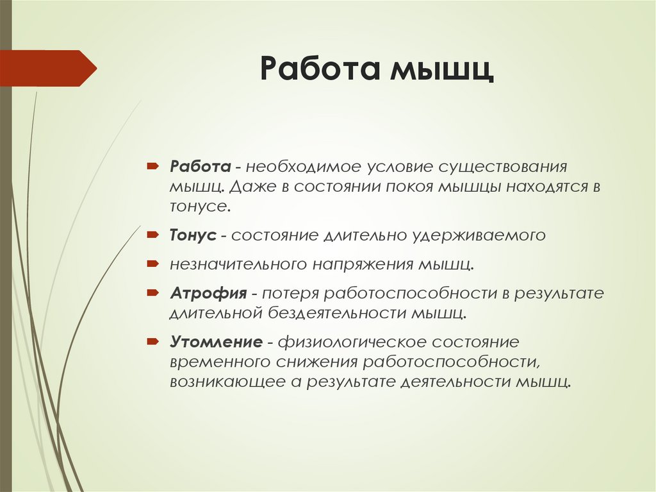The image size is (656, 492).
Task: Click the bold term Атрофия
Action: click(x=208, y=294)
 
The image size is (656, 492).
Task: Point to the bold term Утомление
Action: click(x=216, y=341)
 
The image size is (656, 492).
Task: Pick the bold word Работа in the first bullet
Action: click(x=200, y=167)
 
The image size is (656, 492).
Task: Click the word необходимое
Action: click(x=300, y=167)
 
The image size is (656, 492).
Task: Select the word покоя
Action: click(x=403, y=187)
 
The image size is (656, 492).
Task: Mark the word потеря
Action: click(x=289, y=294)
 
